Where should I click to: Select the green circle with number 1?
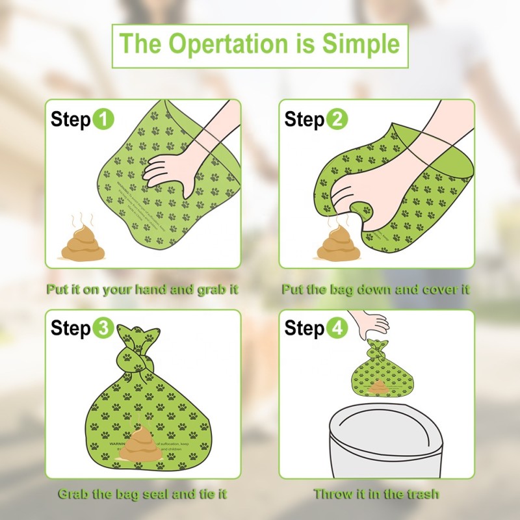tap(104, 120)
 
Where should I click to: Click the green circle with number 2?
tap(337, 120)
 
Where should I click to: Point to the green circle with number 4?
tap(336, 328)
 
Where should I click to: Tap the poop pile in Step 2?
tap(335, 244)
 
